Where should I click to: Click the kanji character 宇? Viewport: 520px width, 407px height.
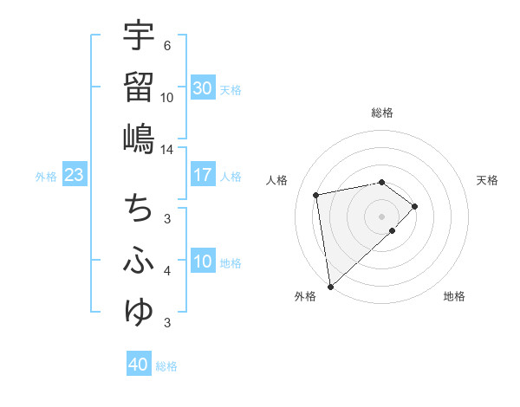coord(138,36)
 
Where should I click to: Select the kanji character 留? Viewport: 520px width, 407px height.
coord(138,87)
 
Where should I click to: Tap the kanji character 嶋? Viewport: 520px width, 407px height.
coord(138,138)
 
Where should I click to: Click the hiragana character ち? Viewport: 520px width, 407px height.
coord(138,209)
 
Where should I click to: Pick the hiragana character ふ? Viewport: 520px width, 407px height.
coord(138,261)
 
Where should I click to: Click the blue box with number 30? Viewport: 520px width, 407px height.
coord(202,88)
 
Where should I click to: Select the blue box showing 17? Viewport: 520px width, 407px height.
coord(202,175)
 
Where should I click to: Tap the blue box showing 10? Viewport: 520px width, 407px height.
coord(202,262)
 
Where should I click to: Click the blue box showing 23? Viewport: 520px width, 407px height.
coord(74,175)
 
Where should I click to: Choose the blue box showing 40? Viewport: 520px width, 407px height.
coord(138,365)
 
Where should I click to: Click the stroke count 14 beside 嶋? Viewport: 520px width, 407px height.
coord(167,149)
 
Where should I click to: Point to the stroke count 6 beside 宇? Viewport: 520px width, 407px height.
coord(167,45)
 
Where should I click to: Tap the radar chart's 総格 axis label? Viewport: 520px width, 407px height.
coord(382,113)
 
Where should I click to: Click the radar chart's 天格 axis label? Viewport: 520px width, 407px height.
coord(488,180)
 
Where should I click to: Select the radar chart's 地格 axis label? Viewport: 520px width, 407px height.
coord(454,296)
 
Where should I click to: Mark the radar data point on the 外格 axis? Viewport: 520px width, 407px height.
coord(329,287)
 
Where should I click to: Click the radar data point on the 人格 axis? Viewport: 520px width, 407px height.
coord(316,194)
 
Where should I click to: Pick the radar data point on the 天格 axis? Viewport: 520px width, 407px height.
coord(415,206)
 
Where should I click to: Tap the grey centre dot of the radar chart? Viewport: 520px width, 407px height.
coord(382,216)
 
